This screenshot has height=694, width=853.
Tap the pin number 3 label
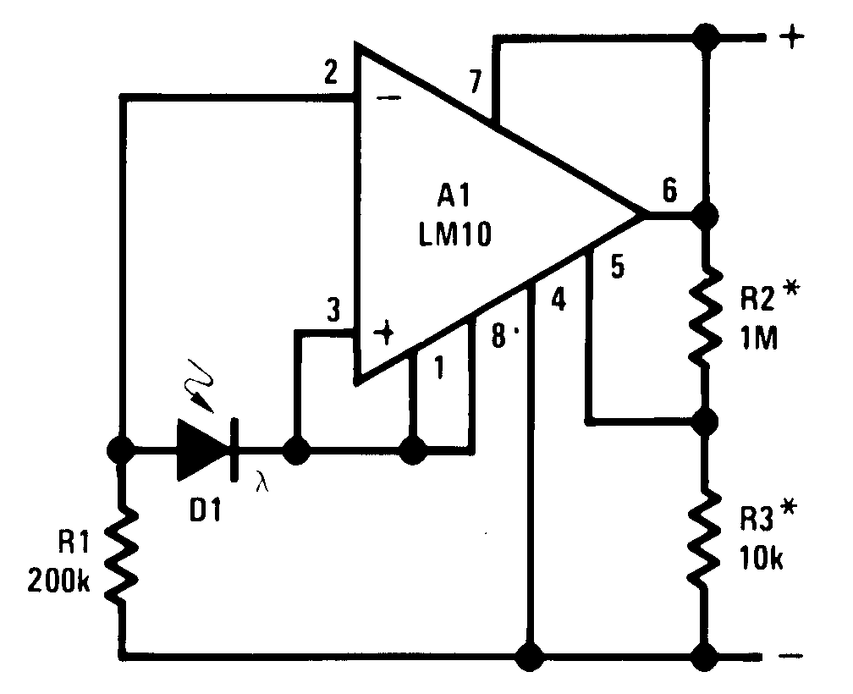[333, 312]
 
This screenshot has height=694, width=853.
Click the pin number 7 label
[475, 84]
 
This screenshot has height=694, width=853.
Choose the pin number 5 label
[617, 267]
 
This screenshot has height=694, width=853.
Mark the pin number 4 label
[558, 300]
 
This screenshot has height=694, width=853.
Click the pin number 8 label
[498, 334]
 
